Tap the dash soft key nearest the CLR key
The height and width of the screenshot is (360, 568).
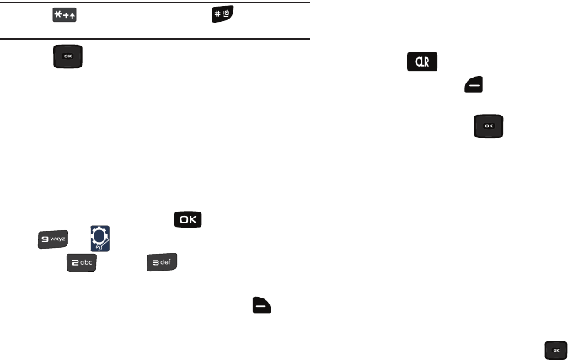point(470,83)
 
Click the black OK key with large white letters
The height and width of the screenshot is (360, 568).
point(188,219)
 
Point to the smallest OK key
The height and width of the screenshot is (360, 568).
point(556,349)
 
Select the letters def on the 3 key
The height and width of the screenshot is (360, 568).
point(167,266)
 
